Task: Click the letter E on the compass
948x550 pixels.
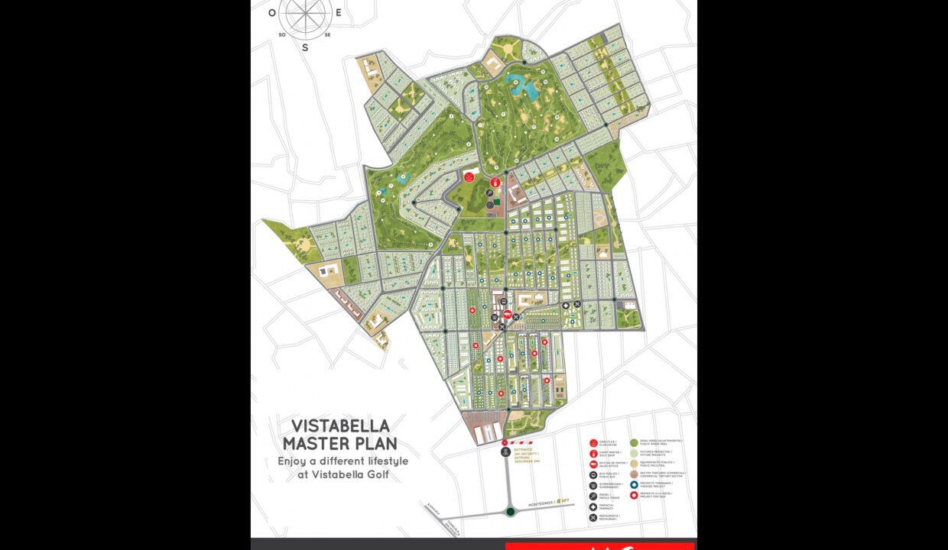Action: pyautogui.click(x=338, y=12)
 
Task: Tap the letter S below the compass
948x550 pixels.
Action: pyautogui.click(x=305, y=47)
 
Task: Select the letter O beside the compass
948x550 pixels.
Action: pyautogui.click(x=272, y=12)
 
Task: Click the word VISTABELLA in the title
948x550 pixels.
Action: pyautogui.click(x=340, y=425)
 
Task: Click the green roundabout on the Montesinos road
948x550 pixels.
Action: pyautogui.click(x=510, y=511)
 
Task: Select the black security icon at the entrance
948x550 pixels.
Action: pyautogui.click(x=505, y=452)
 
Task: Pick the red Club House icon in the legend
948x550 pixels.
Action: pyautogui.click(x=593, y=443)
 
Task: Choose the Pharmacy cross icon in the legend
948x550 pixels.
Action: pyautogui.click(x=593, y=506)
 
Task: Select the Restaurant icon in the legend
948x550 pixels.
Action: pyautogui.click(x=593, y=517)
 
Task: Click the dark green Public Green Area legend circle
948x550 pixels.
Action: pyautogui.click(x=634, y=442)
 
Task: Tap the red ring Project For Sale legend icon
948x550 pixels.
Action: pyautogui.click(x=634, y=495)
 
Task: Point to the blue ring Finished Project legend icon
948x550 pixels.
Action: pyautogui.click(x=634, y=484)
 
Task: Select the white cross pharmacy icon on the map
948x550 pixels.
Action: pyautogui.click(x=566, y=305)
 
